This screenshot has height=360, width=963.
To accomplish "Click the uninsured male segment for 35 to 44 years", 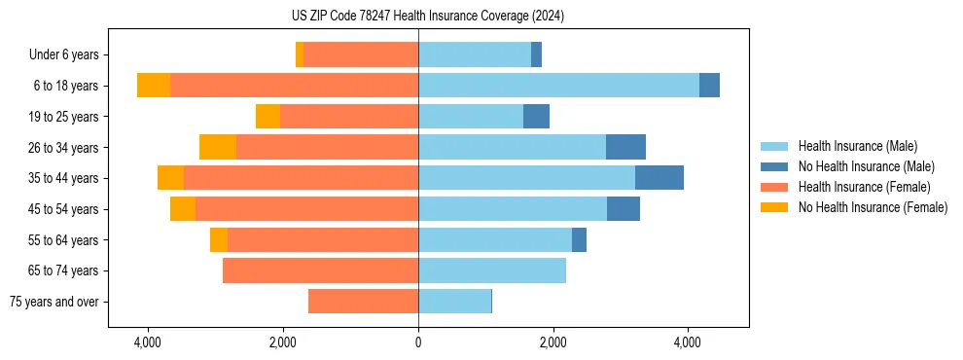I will tap(660, 178).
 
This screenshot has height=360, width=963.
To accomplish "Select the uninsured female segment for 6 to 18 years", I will tap(154, 86).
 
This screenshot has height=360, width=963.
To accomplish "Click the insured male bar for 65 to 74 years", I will tap(492, 270).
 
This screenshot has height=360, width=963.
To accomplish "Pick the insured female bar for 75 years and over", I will tap(363, 302).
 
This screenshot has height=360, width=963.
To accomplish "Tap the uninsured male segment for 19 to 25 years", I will tap(536, 117).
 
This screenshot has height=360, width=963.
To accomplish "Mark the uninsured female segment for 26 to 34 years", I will tap(218, 147).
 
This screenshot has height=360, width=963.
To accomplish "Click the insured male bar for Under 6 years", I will tap(475, 54).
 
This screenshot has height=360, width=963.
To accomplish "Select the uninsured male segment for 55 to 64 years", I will tap(579, 239).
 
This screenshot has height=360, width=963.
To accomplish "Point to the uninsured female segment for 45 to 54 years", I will tap(183, 209).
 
